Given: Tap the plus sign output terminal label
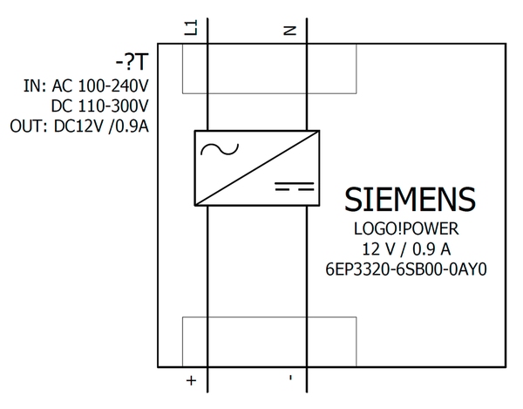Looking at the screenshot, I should click(x=192, y=381).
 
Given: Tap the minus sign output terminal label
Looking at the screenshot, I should click(x=291, y=381).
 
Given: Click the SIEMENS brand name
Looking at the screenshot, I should click(x=410, y=199).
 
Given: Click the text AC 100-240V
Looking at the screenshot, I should click(x=100, y=87).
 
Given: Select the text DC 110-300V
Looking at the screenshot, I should click(x=100, y=106).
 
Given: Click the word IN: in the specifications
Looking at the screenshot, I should click(x=35, y=87).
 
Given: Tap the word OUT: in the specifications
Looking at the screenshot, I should click(x=29, y=125).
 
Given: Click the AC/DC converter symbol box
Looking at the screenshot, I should click(x=256, y=168).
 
